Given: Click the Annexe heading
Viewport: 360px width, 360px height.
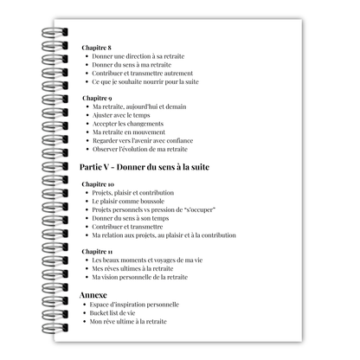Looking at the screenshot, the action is (93, 294).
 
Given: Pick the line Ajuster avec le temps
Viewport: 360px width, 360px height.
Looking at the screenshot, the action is (122, 115).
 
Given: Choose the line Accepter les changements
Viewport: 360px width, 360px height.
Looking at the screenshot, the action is (129, 123).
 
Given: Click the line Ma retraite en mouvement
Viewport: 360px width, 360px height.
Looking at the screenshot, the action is (129, 132).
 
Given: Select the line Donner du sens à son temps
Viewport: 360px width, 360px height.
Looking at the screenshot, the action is (131, 218).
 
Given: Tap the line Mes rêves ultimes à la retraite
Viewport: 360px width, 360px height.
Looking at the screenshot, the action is (134, 268).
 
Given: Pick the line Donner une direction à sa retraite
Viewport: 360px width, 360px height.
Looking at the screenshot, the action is (138, 56).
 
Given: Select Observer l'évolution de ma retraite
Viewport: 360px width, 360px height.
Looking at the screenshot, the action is (140, 148).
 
